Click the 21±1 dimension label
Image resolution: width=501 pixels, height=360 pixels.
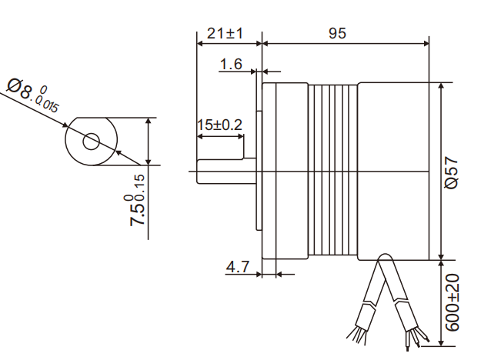coord(225,34)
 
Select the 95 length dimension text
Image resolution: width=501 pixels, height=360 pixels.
coord(337,33)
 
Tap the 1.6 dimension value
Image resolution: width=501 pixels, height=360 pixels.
coord(231,64)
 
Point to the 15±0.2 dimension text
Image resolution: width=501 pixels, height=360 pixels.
coord(219,125)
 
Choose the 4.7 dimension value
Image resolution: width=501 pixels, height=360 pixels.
coord(237,267)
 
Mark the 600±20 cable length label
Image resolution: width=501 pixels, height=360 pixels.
coord(453,302)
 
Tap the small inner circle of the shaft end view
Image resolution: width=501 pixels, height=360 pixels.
coord(92,141)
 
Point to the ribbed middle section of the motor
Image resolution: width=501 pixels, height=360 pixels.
coord(333,169)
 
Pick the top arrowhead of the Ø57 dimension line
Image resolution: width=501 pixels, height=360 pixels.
coord(441,85)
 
